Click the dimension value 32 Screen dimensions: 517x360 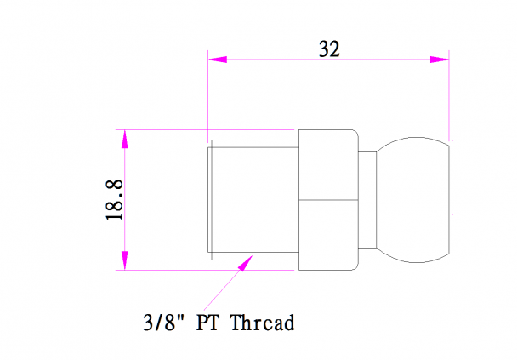(329, 49)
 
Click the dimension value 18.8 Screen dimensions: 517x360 (115, 200)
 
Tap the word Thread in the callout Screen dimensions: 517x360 (262, 323)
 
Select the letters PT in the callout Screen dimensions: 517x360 (207, 323)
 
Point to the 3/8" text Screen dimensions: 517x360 (163, 322)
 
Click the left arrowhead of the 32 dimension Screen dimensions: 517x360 (218, 60)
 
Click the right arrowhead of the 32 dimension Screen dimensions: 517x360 (440, 60)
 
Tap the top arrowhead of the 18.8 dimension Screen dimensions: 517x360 (125, 139)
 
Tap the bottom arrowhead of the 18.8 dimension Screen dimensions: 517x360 (125, 260)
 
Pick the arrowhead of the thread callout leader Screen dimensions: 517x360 (245, 263)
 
